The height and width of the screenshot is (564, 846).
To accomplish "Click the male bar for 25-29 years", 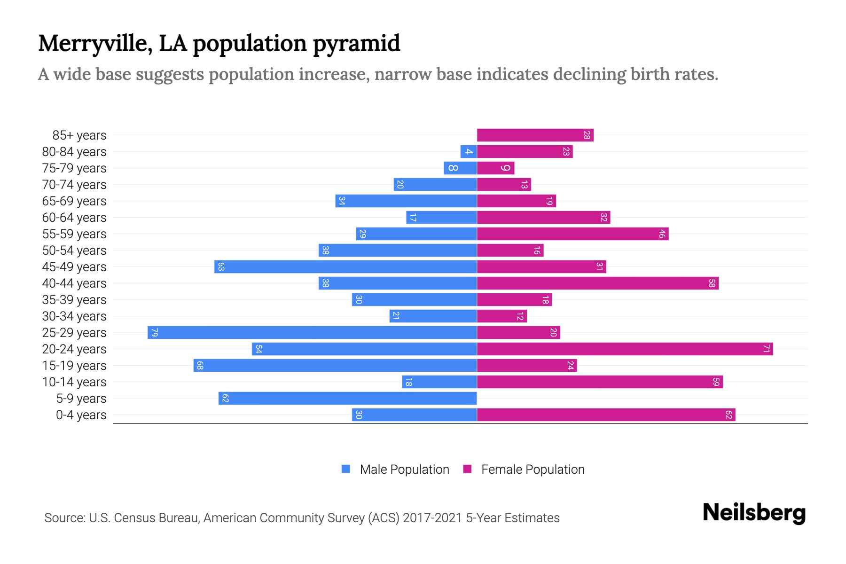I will click(313, 333).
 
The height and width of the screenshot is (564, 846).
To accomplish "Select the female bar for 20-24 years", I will click(625, 349).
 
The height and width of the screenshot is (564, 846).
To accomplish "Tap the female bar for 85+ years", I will click(535, 135).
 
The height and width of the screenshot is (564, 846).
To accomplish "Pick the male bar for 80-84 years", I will click(469, 152).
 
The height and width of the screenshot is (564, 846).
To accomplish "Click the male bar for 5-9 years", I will click(348, 399).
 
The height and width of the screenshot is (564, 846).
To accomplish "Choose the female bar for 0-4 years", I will click(606, 415).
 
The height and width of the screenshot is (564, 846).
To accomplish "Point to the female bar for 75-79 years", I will click(496, 168).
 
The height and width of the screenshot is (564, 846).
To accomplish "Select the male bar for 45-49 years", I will click(346, 267).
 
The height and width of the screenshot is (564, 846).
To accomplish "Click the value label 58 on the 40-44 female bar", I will click(712, 283).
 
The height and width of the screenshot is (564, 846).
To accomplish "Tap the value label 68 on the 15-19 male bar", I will click(200, 366).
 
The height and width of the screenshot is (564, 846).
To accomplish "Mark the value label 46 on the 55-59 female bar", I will click(662, 234).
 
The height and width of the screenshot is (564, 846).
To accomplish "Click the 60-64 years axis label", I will click(74, 218).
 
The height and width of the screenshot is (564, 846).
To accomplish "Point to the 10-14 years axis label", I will click(74, 382).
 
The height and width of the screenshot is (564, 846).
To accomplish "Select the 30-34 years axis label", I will click(74, 316).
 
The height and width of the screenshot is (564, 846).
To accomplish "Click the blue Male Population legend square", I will click(346, 469).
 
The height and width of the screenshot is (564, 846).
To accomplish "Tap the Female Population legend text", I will click(533, 470).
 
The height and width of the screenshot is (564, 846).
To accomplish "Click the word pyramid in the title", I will click(356, 44).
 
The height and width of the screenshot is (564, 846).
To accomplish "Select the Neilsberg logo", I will click(754, 513).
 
